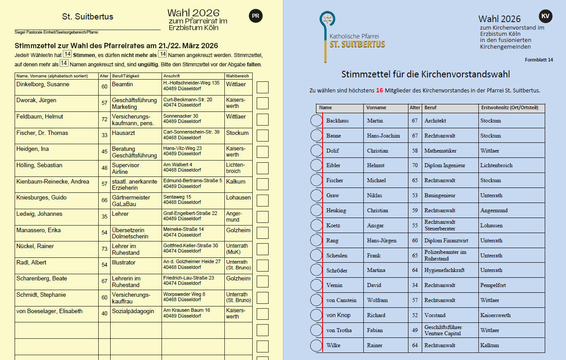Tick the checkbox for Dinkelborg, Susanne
(262, 87)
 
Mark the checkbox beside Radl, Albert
(262, 265)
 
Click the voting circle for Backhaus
(316, 121)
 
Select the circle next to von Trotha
(316, 330)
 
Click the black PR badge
(255, 16)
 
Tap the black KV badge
(545, 16)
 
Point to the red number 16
(379, 91)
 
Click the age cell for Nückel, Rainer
(104, 249)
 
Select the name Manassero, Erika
(39, 230)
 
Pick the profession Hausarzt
(123, 133)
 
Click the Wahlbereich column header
(238, 76)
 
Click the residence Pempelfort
(493, 285)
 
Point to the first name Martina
(376, 270)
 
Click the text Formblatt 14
(539, 60)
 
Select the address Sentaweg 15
(177, 197)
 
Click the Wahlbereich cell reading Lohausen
(238, 198)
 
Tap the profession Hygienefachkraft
(445, 270)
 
